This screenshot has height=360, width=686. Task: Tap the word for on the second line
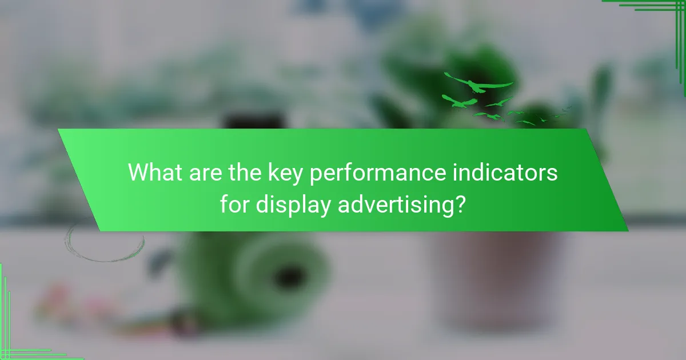pyautogui.click(x=235, y=205)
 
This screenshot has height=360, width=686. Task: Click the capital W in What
pyautogui.click(x=138, y=172)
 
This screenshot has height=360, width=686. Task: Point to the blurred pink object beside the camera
pyautogui.click(x=54, y=297)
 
